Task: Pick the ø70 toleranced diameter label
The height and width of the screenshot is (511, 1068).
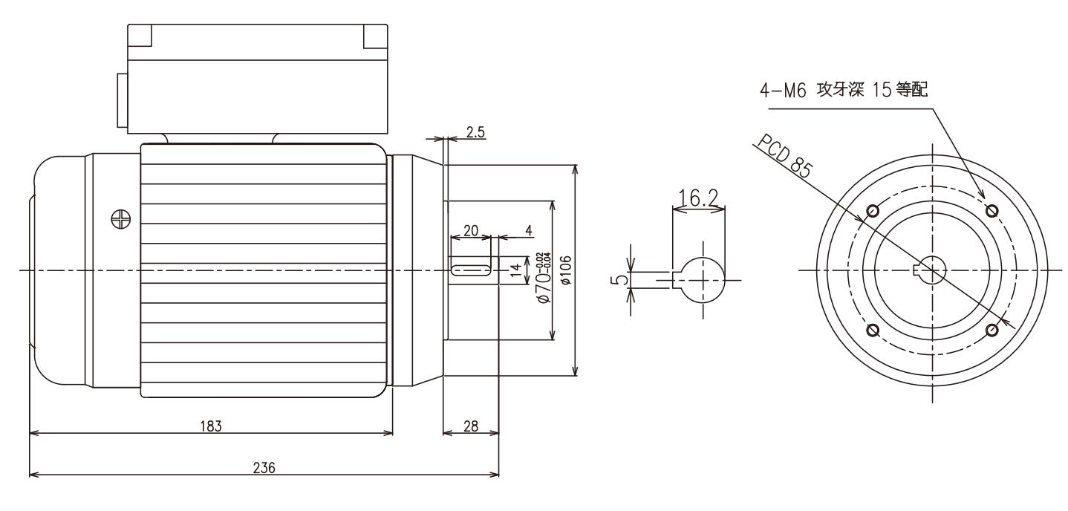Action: (x=544, y=276)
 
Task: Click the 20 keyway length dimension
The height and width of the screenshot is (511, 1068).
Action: (x=470, y=230)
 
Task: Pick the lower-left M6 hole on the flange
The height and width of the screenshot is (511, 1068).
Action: (x=873, y=330)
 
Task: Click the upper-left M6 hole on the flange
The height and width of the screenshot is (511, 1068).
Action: (x=873, y=211)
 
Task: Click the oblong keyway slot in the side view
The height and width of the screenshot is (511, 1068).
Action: (x=471, y=269)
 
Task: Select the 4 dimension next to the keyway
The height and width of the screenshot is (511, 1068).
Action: (x=529, y=230)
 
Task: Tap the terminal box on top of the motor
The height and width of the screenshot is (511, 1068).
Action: (x=257, y=79)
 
